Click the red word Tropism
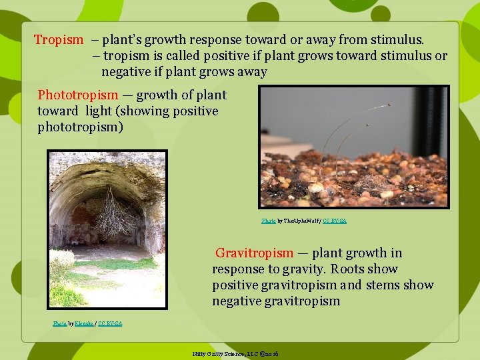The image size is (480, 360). pyautogui.click(x=59, y=40)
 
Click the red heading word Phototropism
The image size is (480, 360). pyautogui.click(x=77, y=95)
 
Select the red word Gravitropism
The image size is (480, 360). pyautogui.click(x=254, y=253)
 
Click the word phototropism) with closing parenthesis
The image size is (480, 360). pyautogui.click(x=80, y=127)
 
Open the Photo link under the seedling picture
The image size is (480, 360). pyautogui.click(x=268, y=221)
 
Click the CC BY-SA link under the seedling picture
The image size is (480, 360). pyautogui.click(x=334, y=221)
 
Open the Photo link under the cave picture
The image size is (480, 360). pyautogui.click(x=59, y=323)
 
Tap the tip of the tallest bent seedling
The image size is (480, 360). pyautogui.click(x=388, y=105)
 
